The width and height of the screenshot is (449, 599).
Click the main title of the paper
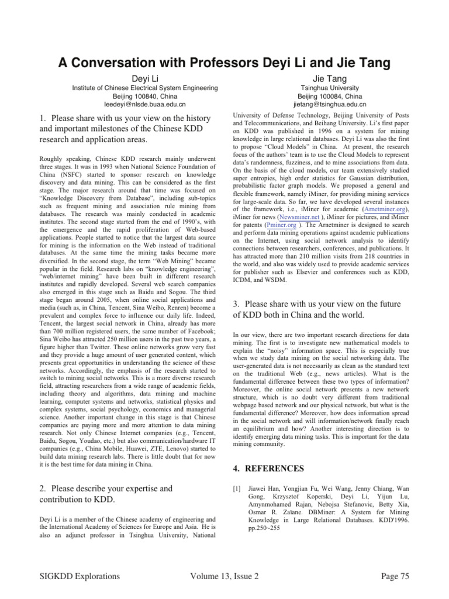(224, 63)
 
